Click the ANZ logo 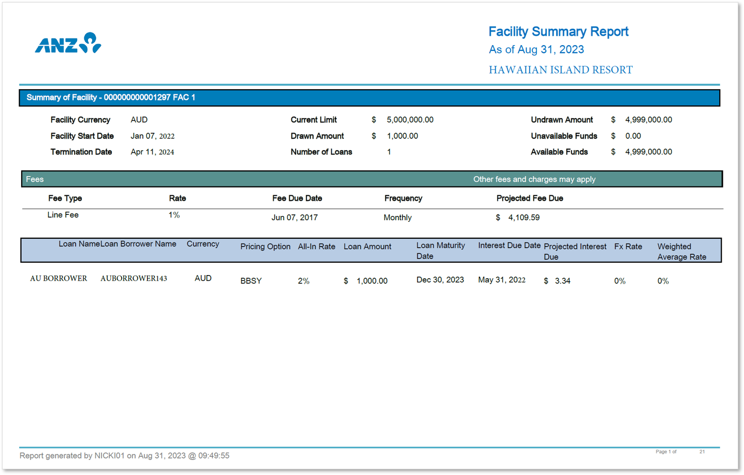click(68, 44)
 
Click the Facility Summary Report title click(558, 32)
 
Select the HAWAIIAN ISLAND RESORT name click(560, 70)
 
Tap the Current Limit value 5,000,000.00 click(410, 120)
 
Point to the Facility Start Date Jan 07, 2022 click(152, 136)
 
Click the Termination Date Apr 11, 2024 click(152, 152)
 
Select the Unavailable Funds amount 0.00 click(633, 136)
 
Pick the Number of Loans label click(321, 152)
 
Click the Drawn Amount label click(317, 136)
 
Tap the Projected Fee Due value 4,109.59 click(523, 218)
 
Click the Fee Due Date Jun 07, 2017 click(295, 218)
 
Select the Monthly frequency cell click(397, 218)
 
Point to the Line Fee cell click(63, 215)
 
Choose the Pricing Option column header click(265, 247)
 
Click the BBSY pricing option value click(251, 281)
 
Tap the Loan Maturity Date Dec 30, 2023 click(440, 280)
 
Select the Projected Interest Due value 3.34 click(562, 281)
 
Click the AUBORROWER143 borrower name click(134, 279)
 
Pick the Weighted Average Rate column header click(681, 252)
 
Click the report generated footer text click(124, 456)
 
